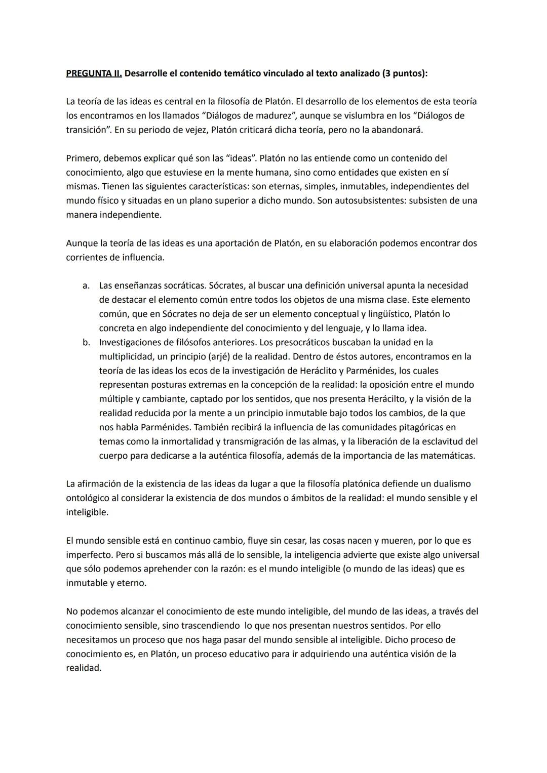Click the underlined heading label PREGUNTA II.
coord(94,73)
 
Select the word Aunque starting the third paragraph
coord(81,243)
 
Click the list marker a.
coord(86,286)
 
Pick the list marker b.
coord(86,343)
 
